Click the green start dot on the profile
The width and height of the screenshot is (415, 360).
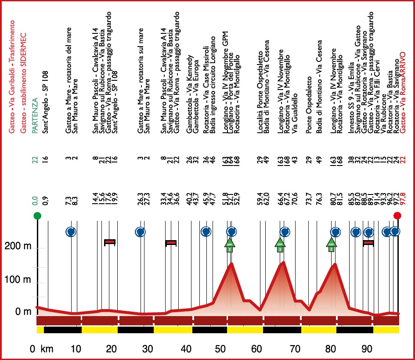click(38, 216)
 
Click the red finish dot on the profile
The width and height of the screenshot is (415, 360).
click(397, 216)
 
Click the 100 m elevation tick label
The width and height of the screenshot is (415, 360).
click(18, 280)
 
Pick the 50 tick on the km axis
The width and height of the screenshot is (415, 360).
click(223, 349)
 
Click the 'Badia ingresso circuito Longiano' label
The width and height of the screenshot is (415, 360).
click(213, 83)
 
